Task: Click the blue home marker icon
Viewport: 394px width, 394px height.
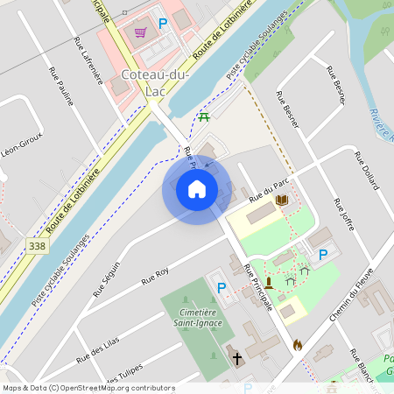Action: [197, 189]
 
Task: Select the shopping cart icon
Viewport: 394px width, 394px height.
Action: [141, 32]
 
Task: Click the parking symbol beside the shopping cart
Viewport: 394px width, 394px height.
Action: [162, 24]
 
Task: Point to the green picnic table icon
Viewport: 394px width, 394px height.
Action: [204, 116]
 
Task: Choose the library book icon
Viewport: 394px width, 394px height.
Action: [282, 201]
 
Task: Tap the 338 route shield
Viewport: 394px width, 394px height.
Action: [37, 246]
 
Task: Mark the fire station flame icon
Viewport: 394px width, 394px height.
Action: [298, 345]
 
